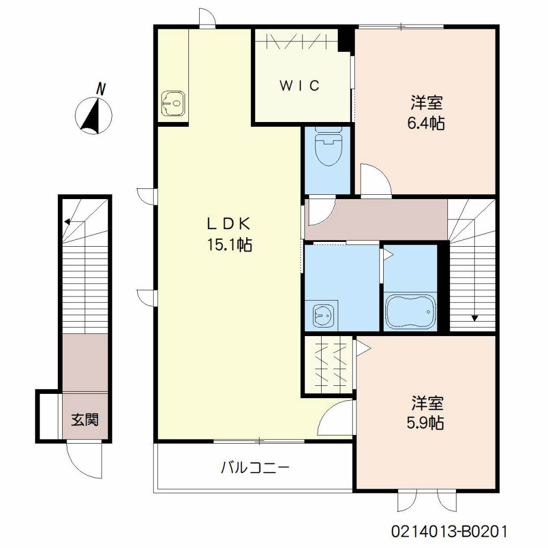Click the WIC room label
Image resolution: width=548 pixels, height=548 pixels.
pos(299,85)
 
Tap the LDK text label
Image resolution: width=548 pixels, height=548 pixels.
pos(229,224)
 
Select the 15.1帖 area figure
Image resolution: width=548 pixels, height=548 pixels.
pos(230,245)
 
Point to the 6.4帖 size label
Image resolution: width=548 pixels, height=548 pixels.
pos(426,123)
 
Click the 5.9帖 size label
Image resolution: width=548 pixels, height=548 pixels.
pos(425,423)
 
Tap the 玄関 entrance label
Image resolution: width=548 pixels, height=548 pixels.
pos(85,420)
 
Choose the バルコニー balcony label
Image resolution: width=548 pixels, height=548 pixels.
pos(255,467)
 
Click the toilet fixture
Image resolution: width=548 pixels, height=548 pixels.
pos(328,147)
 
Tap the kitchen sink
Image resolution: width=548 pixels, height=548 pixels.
pos(173,103)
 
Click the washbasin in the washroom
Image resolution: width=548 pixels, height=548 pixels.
pos(323,315)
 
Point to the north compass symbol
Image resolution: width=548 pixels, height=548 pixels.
pos(94,116)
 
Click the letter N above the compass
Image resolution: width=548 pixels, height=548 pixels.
pos(101,89)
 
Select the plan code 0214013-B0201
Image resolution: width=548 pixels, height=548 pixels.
pos(449,532)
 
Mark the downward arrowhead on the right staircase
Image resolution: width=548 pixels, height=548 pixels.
pos(475,318)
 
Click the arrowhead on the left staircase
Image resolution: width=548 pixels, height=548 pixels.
pos(67,221)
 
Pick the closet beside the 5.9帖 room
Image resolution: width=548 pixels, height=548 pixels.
pos(328,366)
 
